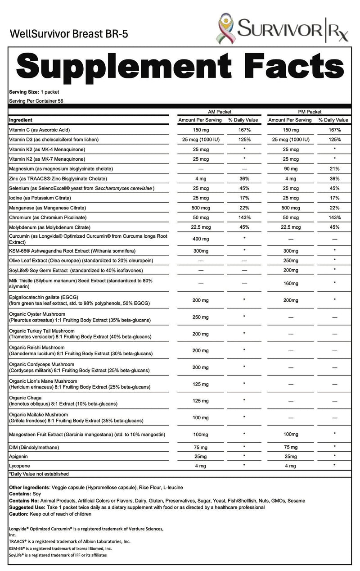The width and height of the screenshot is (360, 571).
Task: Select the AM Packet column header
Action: [218, 112]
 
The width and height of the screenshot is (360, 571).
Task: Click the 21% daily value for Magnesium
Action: [333, 168]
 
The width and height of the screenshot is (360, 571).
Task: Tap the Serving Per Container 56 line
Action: [36, 101]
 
